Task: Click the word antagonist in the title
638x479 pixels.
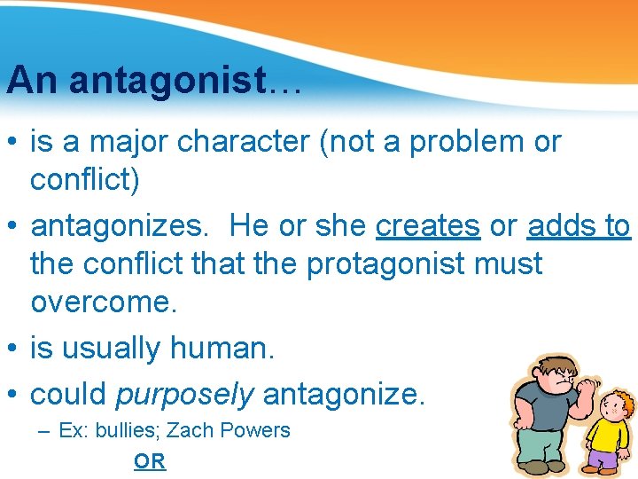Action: [x=167, y=80]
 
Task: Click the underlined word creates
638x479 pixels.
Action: [x=428, y=226]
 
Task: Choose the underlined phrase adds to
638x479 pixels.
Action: [x=579, y=226]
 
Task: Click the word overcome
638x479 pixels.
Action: [x=104, y=302]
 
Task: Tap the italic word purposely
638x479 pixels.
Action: [x=184, y=393]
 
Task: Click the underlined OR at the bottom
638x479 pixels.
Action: [x=150, y=461]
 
